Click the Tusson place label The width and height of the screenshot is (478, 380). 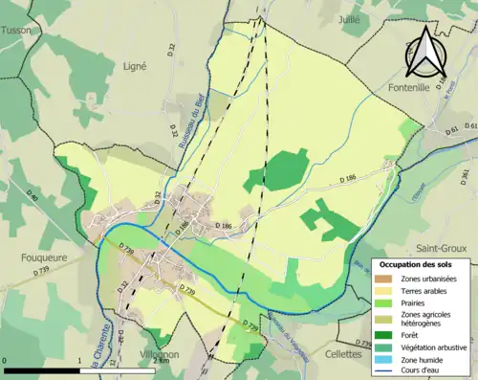[x=15, y=30]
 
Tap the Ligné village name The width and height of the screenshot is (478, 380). [x=135, y=66]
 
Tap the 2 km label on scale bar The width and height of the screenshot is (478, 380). [x=163, y=361]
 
